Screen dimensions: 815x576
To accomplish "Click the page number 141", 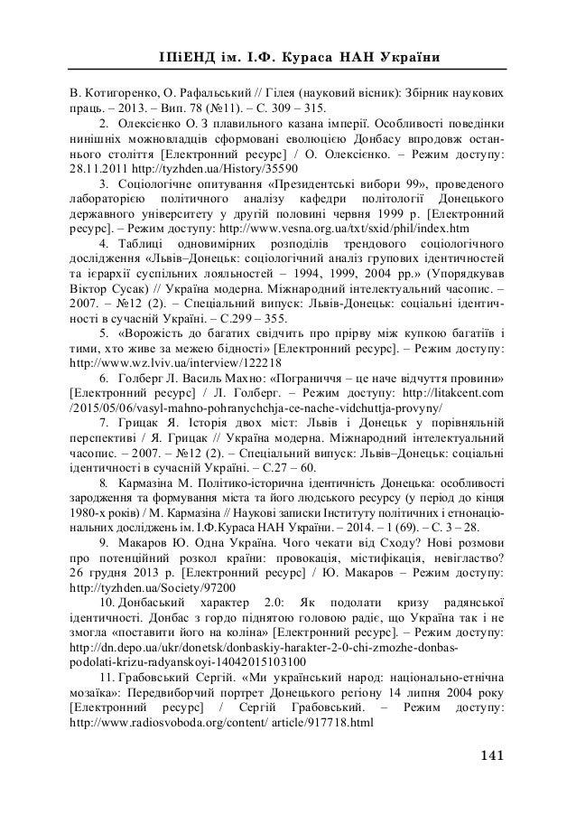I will pos(489,755).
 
